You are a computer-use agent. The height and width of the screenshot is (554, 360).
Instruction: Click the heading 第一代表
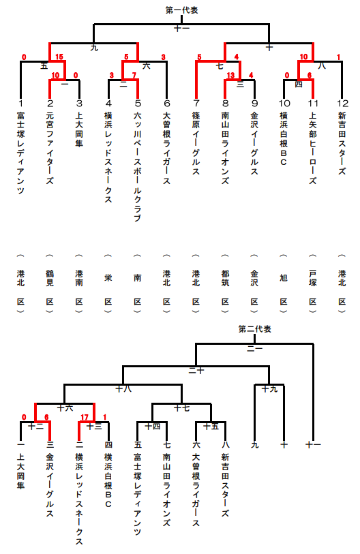(181, 10)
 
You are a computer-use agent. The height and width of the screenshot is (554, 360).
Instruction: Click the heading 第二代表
(254, 329)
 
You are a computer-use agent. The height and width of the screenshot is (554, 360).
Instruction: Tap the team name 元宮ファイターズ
(50, 148)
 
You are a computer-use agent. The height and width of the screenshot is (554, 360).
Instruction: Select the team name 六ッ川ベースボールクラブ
(138, 167)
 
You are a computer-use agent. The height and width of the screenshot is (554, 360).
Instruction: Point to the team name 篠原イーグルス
(196, 144)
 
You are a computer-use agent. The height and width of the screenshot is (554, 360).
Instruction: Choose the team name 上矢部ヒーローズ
(312, 148)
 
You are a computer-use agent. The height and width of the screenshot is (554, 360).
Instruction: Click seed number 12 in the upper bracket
(342, 103)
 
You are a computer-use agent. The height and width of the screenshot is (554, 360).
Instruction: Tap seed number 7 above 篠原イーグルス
(196, 103)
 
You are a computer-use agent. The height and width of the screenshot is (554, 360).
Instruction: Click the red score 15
(59, 57)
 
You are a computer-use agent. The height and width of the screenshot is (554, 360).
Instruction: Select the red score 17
(85, 417)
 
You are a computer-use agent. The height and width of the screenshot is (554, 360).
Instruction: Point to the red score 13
(230, 75)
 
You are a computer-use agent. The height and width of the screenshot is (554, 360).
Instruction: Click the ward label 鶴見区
(50, 283)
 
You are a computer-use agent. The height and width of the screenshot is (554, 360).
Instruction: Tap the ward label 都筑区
(225, 283)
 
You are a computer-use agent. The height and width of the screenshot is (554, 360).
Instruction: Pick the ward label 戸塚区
(312, 283)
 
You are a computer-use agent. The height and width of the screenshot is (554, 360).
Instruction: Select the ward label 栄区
(108, 283)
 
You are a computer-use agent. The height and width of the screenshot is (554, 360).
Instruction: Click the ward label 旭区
(284, 283)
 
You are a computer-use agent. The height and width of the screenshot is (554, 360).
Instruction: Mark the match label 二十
(196, 370)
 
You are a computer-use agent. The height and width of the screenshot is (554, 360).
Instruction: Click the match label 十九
(269, 389)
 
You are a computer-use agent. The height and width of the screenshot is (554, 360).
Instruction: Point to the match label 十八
(123, 389)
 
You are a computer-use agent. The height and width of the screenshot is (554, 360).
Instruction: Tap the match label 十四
(153, 427)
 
